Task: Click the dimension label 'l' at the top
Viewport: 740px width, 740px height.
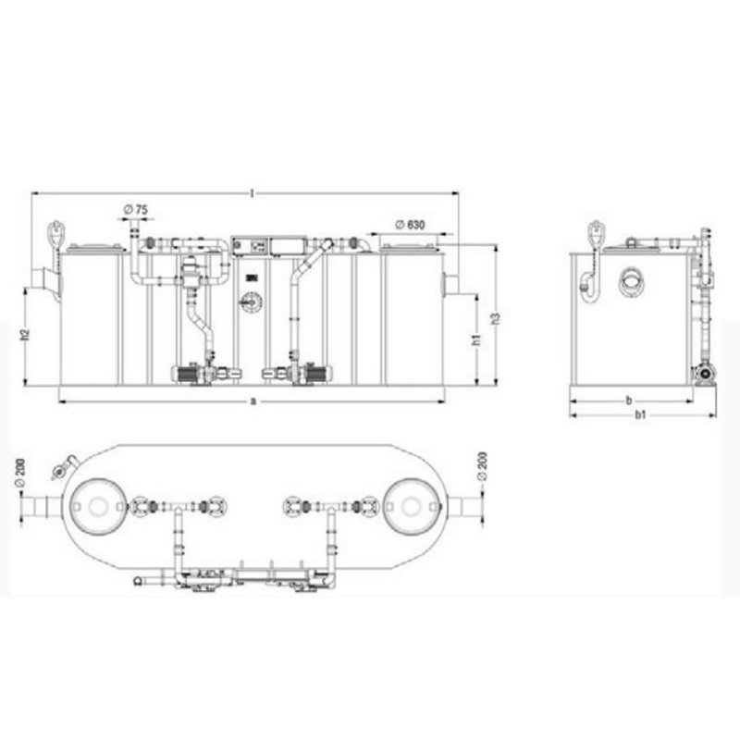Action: [x=253, y=193]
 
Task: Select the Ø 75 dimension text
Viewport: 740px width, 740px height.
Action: [x=135, y=210]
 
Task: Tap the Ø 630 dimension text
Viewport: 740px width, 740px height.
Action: [x=410, y=225]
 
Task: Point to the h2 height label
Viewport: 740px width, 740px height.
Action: [x=26, y=335]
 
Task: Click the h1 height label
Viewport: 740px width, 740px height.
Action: [x=476, y=339]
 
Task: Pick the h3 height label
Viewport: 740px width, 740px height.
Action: [x=495, y=318]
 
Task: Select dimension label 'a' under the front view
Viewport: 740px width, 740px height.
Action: [x=253, y=401]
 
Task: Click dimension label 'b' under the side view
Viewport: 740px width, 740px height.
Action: [x=629, y=401]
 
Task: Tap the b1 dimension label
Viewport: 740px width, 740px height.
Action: [x=640, y=414]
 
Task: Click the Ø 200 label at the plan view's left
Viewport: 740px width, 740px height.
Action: [x=20, y=472]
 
